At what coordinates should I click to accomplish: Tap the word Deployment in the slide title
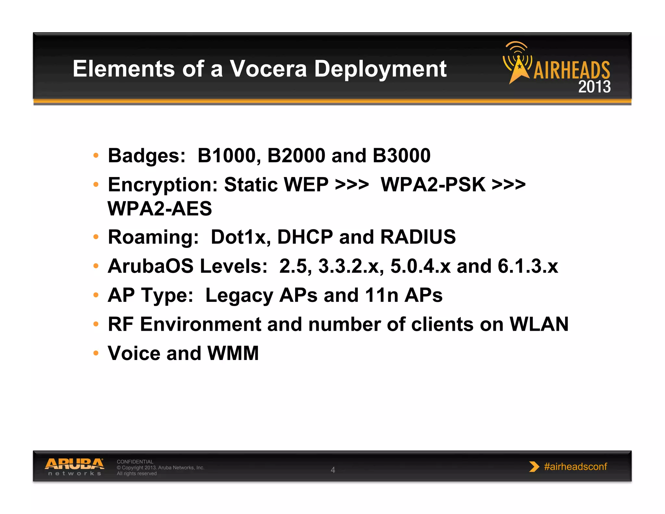pos(380,69)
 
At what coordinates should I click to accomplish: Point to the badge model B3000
pos(401,155)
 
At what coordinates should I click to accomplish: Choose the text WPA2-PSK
pos(433,185)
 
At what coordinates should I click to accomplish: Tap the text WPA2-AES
pos(160,208)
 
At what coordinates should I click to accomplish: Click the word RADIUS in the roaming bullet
pos(418,237)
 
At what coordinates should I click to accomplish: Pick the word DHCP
pos(305,237)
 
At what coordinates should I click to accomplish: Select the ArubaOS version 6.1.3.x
pos(528,266)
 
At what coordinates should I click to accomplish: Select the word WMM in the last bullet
pos(233,353)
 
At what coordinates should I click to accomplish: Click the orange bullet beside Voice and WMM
pos(96,353)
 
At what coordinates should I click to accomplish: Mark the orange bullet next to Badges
pos(96,155)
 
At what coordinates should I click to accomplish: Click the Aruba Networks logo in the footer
pos(74,467)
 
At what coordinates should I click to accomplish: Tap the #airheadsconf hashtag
pos(575,467)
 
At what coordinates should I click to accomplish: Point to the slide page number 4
pos(333,470)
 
